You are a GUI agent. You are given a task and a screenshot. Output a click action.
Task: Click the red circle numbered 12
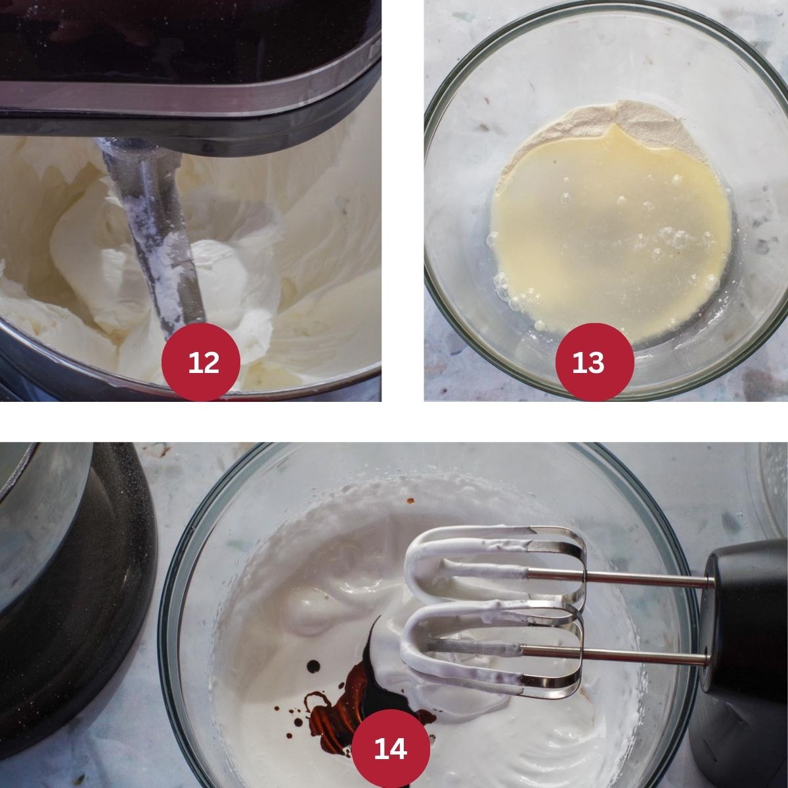pyautogui.click(x=201, y=362)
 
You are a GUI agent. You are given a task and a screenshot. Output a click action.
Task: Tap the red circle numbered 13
pyautogui.click(x=594, y=362)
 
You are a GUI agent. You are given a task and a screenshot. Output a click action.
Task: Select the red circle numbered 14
pyautogui.click(x=391, y=749)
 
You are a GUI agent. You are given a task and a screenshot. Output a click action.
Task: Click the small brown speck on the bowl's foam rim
pyautogui.click(x=409, y=500)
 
